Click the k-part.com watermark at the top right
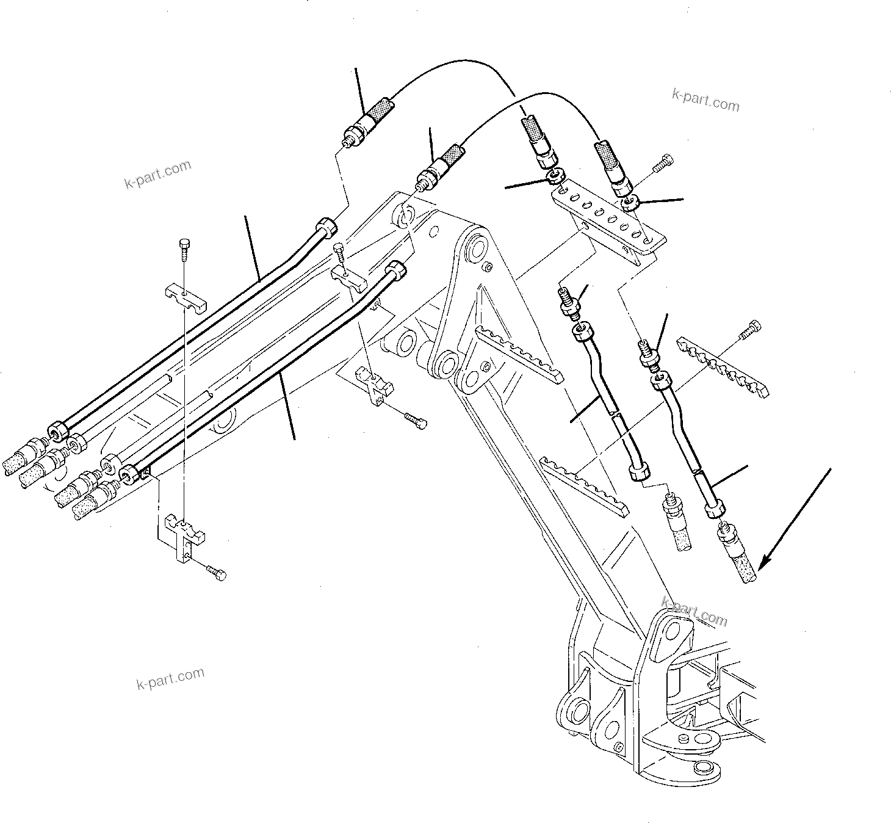click(x=705, y=100)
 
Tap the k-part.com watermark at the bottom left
click(x=170, y=678)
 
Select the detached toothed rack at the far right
click(x=723, y=365)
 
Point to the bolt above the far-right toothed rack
click(x=751, y=329)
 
